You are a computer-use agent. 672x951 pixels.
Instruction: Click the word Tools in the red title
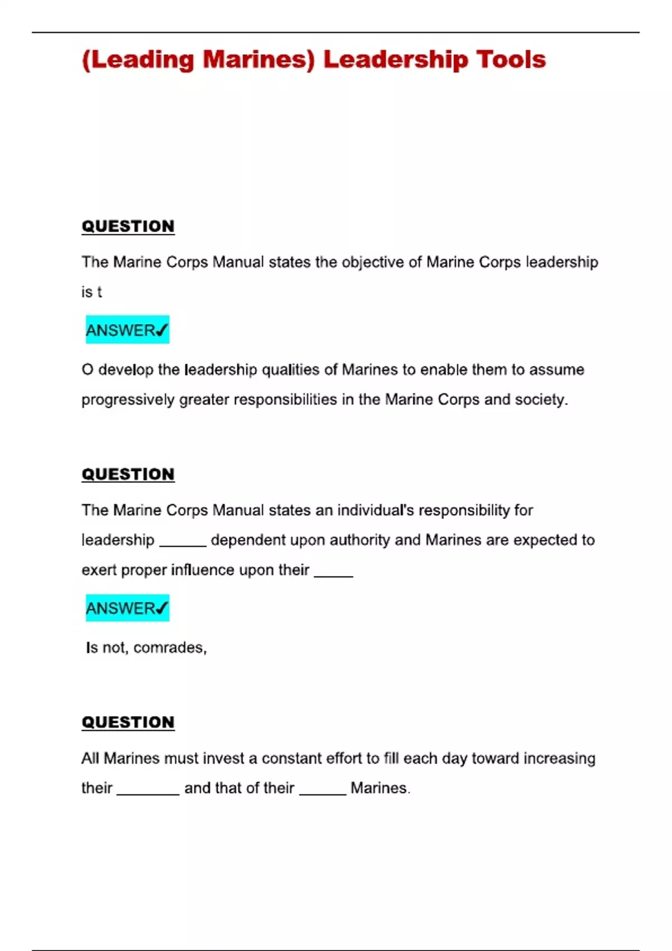tap(511, 59)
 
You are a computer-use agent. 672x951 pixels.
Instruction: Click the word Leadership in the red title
tap(395, 59)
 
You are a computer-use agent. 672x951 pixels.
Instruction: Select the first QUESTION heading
tap(128, 226)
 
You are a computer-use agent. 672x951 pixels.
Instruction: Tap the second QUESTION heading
tap(128, 474)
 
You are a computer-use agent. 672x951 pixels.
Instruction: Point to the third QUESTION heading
tap(128, 722)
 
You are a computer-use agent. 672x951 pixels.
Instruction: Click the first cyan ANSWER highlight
tap(127, 330)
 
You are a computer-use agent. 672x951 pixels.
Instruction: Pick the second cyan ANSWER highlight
tap(127, 608)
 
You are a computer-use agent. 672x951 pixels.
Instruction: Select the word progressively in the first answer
tap(128, 399)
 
